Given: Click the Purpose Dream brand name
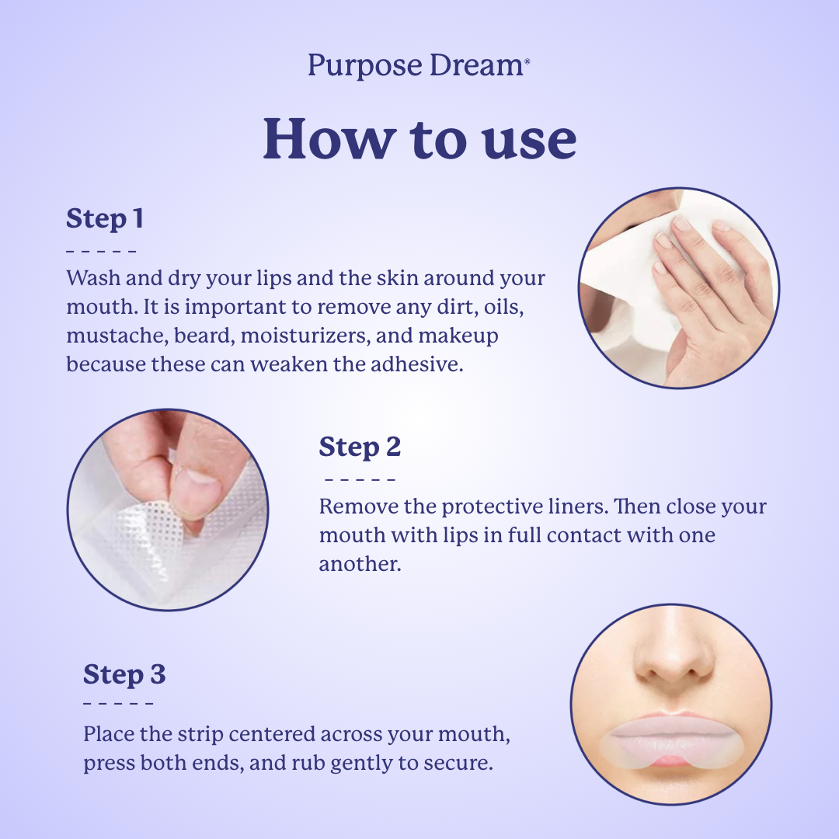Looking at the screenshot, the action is pos(419,65).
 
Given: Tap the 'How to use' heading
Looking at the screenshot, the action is pos(419,139).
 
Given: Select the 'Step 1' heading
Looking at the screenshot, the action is pos(105,219).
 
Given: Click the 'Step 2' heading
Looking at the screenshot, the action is pos(360,447).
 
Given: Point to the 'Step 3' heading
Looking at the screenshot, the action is pos(124,675).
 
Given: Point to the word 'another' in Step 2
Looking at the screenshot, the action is pos(360,563).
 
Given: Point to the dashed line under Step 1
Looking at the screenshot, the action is pos(101,250).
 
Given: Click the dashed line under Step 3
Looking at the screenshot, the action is pos(118,703).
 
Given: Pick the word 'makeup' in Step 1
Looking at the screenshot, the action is pos(458,336).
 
